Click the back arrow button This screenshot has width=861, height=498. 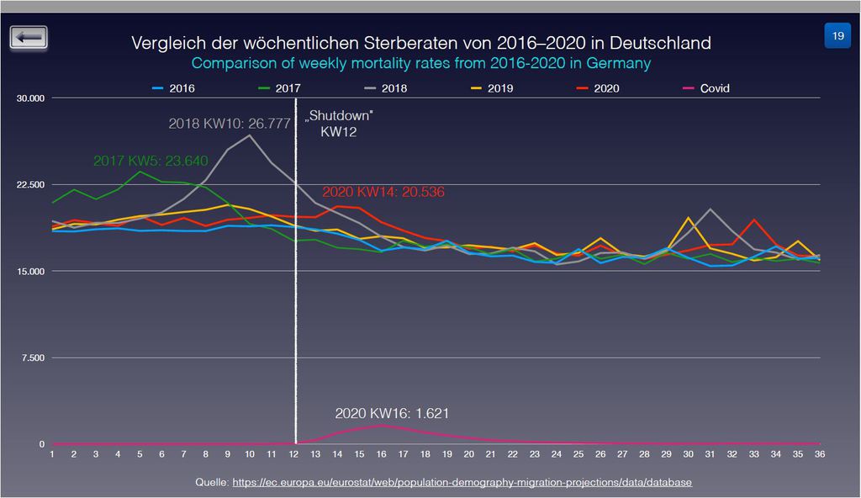(x=29, y=38)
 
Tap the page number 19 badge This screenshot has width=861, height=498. (x=837, y=36)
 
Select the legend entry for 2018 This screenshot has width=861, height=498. (x=386, y=88)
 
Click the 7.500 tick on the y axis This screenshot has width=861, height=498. (x=33, y=358)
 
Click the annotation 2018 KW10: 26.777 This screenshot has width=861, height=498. (x=230, y=124)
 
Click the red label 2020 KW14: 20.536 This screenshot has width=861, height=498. (x=383, y=193)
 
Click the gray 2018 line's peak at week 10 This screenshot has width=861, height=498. (x=250, y=135)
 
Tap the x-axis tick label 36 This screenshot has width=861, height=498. (x=820, y=454)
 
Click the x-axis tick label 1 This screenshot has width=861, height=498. (x=52, y=454)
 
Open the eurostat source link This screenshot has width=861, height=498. (x=460, y=482)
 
